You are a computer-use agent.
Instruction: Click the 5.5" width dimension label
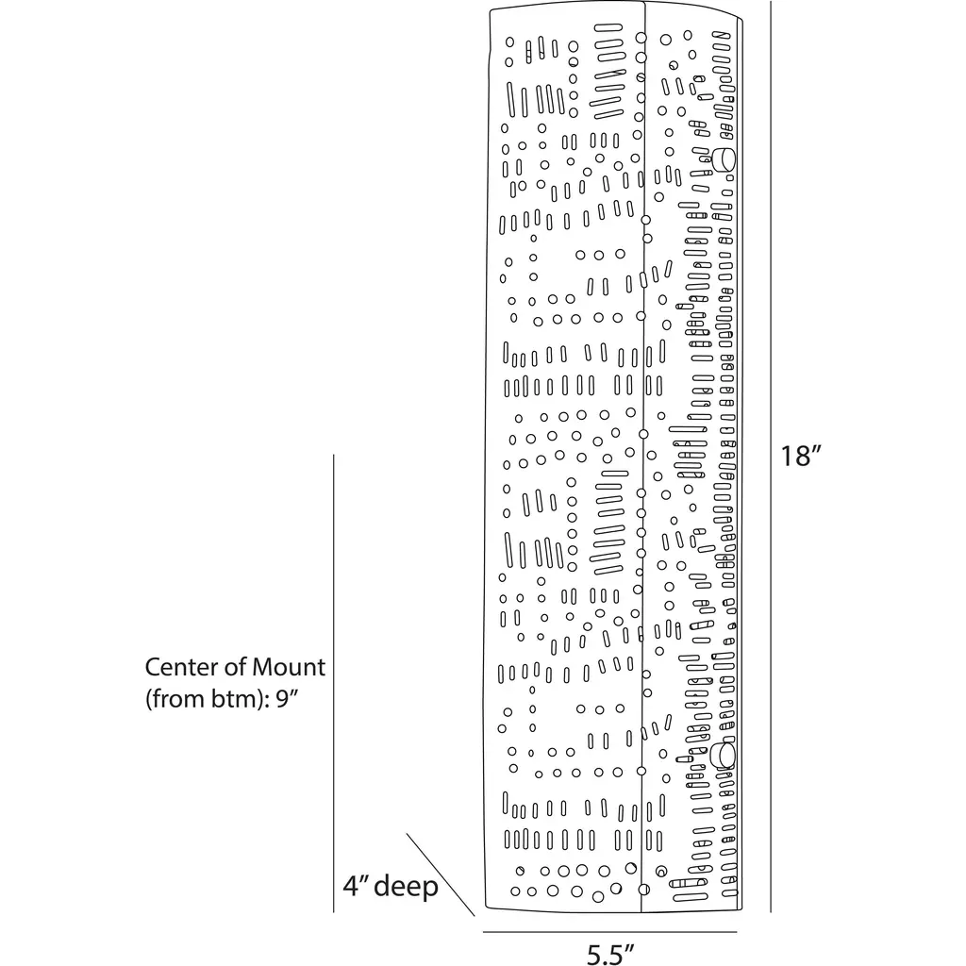click(x=610, y=953)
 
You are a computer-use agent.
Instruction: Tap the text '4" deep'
click(x=390, y=887)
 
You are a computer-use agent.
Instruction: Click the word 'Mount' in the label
click(x=289, y=667)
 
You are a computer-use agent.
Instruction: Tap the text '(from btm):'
click(x=208, y=700)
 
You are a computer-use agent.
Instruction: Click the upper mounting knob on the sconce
click(x=724, y=158)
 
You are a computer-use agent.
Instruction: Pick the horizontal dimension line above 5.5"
click(x=611, y=932)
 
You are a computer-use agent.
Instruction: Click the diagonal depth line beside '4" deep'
click(x=440, y=874)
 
